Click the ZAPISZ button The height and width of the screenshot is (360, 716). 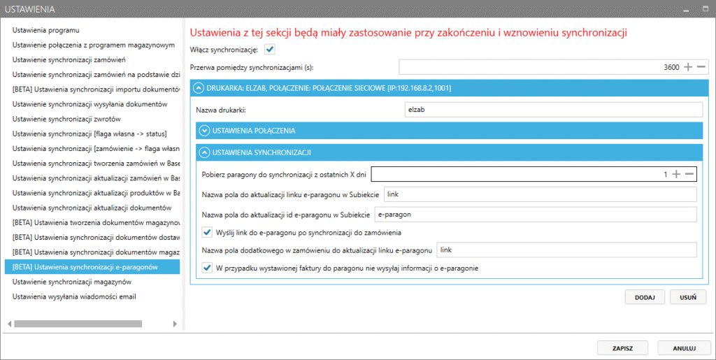tap(622, 347)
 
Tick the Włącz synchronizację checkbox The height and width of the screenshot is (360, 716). tap(270, 49)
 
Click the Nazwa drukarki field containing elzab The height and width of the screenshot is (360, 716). tap(552, 109)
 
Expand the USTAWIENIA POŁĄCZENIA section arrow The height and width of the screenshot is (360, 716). tap(204, 130)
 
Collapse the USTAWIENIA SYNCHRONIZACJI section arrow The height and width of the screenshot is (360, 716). tap(204, 152)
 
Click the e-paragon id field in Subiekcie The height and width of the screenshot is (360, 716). tap(535, 214)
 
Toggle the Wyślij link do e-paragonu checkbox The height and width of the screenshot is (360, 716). tap(207, 232)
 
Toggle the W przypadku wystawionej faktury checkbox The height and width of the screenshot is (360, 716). tap(207, 267)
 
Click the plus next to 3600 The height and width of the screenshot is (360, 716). tap(688, 67)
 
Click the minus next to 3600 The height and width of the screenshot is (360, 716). tap(701, 67)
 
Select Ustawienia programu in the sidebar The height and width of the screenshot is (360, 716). tap(45, 30)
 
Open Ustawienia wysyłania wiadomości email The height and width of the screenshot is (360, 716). tap(74, 296)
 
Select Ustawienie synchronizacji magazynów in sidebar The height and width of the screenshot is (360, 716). tap(73, 282)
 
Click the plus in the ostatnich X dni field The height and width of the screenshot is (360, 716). tap(676, 174)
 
